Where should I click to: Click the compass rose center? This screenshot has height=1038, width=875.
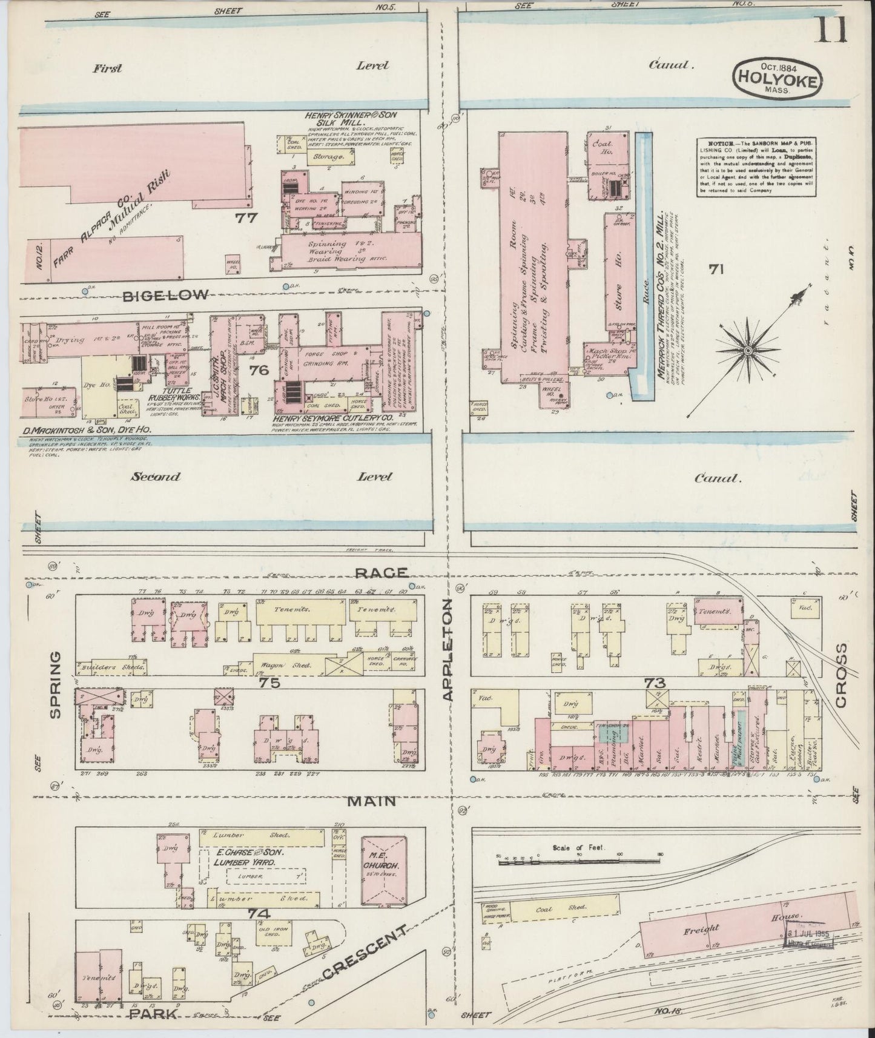pyautogui.click(x=748, y=351)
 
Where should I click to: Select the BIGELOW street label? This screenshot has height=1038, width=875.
pyautogui.click(x=166, y=295)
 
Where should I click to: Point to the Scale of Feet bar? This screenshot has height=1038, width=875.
pyautogui.click(x=578, y=859)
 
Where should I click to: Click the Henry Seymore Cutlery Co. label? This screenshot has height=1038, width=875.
pyautogui.click(x=333, y=418)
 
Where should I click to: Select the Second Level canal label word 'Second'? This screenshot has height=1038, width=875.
pyautogui.click(x=156, y=477)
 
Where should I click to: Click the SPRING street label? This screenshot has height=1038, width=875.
pyautogui.click(x=56, y=684)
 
